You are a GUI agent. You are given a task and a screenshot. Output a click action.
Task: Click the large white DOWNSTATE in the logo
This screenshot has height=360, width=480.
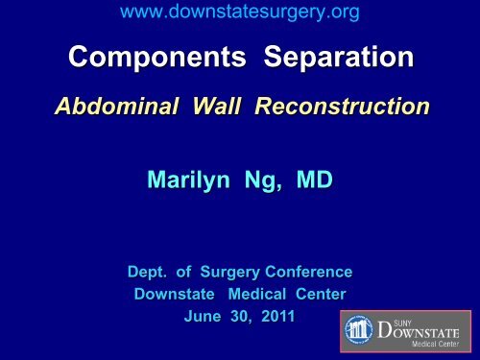coord(423,332)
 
